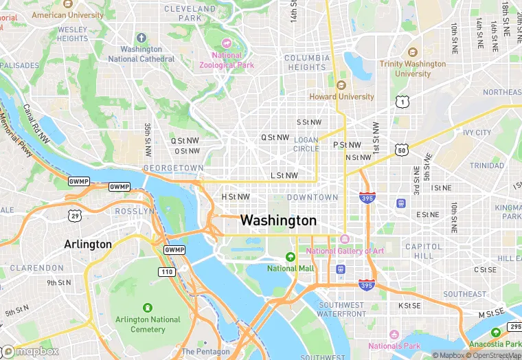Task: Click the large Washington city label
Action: (x=278, y=221)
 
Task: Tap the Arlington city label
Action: (x=87, y=244)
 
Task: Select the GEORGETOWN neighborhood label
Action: (x=173, y=168)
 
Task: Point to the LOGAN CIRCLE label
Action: (x=306, y=144)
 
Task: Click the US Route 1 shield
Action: (x=402, y=102)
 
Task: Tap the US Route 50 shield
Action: (x=401, y=149)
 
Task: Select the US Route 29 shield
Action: (x=73, y=216)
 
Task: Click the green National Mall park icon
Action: (x=291, y=256)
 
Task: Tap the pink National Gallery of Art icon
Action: (x=345, y=239)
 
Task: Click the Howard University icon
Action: (x=341, y=85)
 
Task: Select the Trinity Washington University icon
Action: (x=412, y=52)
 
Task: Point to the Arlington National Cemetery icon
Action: (x=147, y=307)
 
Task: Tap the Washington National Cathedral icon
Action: (x=141, y=37)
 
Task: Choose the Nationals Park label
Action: (x=394, y=346)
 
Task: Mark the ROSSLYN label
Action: (x=135, y=211)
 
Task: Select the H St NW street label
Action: (x=235, y=197)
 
